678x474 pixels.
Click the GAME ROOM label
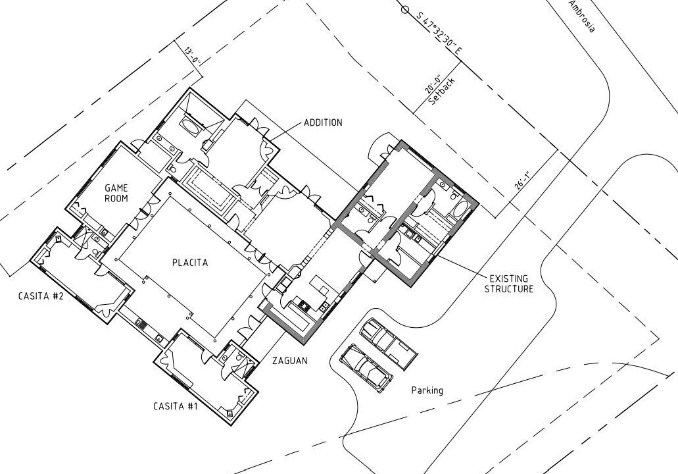[x=116, y=193]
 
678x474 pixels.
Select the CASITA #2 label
[x=41, y=296]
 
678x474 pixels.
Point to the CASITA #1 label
[x=176, y=406]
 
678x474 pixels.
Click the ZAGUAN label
[x=290, y=360]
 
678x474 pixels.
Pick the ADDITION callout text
[x=323, y=122]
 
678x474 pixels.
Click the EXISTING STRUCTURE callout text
[x=508, y=284]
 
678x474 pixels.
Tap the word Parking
[x=427, y=390]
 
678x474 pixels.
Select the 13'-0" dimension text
[x=193, y=56]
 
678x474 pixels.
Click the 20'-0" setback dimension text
[x=433, y=84]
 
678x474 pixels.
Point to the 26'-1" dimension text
[x=522, y=180]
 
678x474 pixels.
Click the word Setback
[x=442, y=92]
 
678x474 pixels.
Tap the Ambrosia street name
[x=581, y=16]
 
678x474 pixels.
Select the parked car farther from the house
[x=389, y=344]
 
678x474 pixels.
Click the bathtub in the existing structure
[x=460, y=210]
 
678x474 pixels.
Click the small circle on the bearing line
[x=404, y=9]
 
